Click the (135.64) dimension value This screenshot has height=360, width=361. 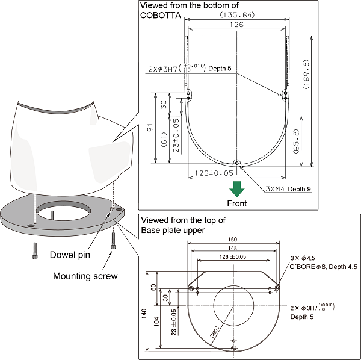click(238, 14)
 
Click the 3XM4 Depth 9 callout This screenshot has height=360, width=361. click(288, 189)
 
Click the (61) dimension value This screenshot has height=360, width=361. click(164, 139)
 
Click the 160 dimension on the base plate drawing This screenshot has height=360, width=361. click(233, 239)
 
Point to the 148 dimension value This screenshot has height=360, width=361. click(233, 249)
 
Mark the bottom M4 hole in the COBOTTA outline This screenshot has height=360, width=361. click(237, 162)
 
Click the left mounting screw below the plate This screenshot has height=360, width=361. click(35, 247)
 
